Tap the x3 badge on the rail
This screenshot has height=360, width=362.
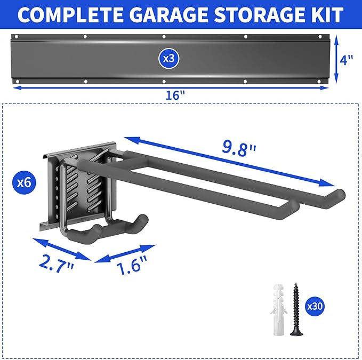coord(168,59)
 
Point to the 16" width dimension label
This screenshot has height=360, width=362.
coord(174,95)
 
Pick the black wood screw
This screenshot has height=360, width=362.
coord(295,309)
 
